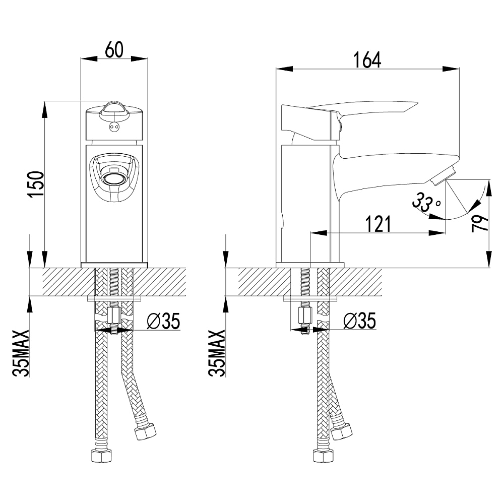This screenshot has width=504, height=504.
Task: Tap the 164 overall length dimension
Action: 367,59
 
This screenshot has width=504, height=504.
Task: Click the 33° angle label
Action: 426,203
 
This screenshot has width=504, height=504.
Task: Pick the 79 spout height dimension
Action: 480,221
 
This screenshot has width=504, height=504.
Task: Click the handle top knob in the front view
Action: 114,108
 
